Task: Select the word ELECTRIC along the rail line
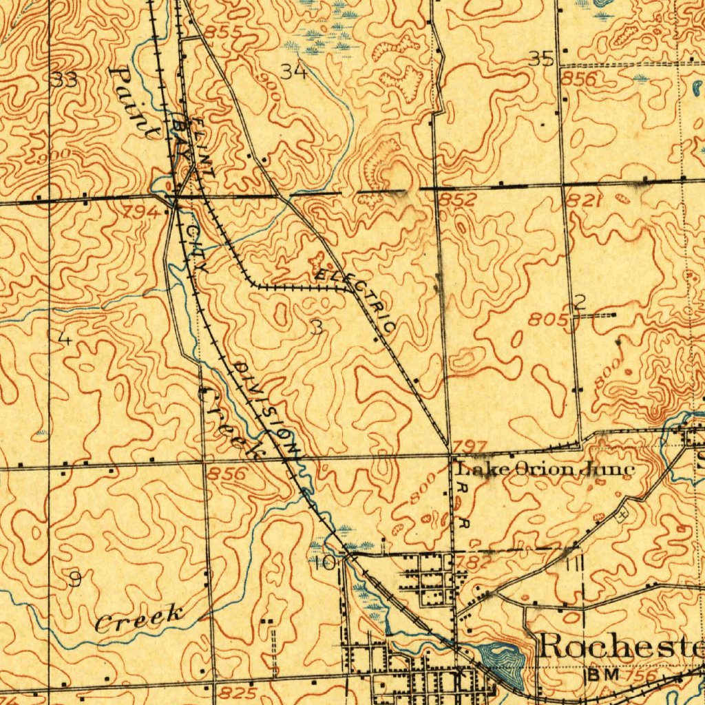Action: [x=355, y=301]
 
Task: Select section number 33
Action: [x=64, y=80]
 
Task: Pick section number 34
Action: [x=294, y=70]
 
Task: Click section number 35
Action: [x=542, y=59]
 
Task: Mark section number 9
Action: [x=74, y=580]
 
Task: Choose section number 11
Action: [x=575, y=565]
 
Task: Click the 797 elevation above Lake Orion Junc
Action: [x=472, y=447]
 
